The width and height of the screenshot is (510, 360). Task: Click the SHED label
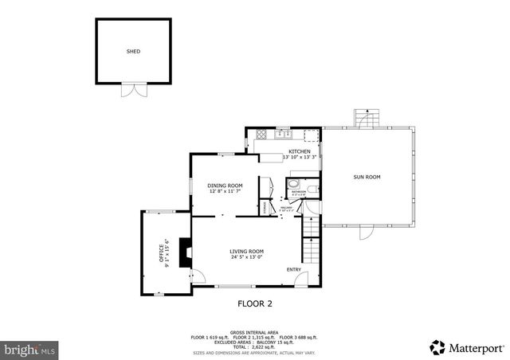[x=133, y=51]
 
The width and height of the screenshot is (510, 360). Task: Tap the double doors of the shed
[x=133, y=89]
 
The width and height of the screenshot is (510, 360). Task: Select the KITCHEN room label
[x=300, y=151]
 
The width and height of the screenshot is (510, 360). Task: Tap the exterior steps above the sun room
[x=364, y=118]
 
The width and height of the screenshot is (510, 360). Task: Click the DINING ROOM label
[x=226, y=186]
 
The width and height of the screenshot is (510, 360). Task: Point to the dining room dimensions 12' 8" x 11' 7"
[x=226, y=191]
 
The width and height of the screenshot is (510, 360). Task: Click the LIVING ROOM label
[x=246, y=251]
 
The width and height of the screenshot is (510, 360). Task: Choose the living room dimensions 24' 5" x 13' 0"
[x=246, y=256]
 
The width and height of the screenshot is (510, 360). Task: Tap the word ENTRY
[x=294, y=269]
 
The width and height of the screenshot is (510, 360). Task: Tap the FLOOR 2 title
[x=255, y=303]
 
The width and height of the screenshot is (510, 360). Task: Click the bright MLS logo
[x=29, y=349]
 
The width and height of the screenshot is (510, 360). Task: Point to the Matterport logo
[x=468, y=347]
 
